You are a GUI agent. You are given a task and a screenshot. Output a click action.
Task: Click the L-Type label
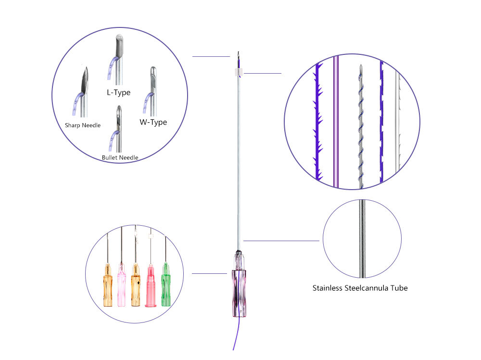pyautogui.click(x=118, y=92)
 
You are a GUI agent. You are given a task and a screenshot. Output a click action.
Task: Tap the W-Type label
pyautogui.click(x=153, y=122)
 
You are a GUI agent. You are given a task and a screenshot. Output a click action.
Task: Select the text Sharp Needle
pyautogui.click(x=83, y=125)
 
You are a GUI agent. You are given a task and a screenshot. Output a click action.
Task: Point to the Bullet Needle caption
pyautogui.click(x=120, y=157)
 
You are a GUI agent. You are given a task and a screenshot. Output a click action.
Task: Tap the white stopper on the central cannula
pyautogui.click(x=235, y=72)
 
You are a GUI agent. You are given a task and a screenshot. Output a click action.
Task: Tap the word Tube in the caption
pyautogui.click(x=399, y=288)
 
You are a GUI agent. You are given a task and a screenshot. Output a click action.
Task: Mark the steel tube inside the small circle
pyautogui.click(x=362, y=239)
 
